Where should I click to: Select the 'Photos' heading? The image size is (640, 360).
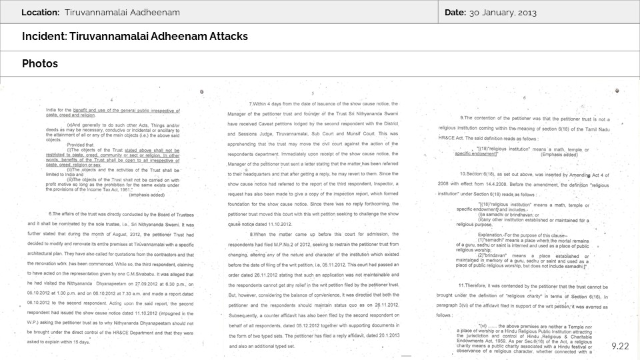(40, 63)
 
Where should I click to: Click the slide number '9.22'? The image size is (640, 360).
(619, 346)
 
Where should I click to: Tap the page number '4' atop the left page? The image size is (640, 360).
(111, 99)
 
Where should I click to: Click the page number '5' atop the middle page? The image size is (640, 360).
(313, 94)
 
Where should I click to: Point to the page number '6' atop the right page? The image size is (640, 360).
(524, 98)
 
